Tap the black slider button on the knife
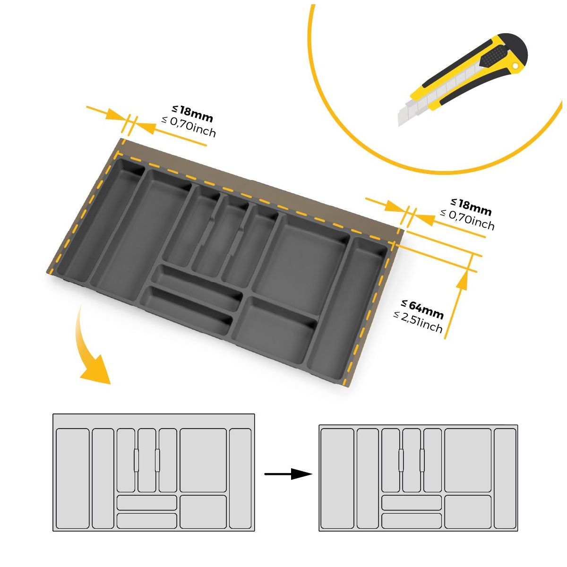[x=492, y=59]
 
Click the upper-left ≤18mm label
[x=193, y=113]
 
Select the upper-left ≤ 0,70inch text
[x=189, y=127]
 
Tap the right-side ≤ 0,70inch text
[x=467, y=219]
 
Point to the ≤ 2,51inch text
[x=418, y=322]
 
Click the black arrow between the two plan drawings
[x=288, y=474]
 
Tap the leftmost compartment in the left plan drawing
[x=73, y=478]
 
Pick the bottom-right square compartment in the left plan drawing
[x=203, y=512]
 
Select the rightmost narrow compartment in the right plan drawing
[x=505, y=478]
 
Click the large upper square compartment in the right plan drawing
[x=468, y=460]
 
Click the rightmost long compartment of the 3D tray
[x=347, y=302]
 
